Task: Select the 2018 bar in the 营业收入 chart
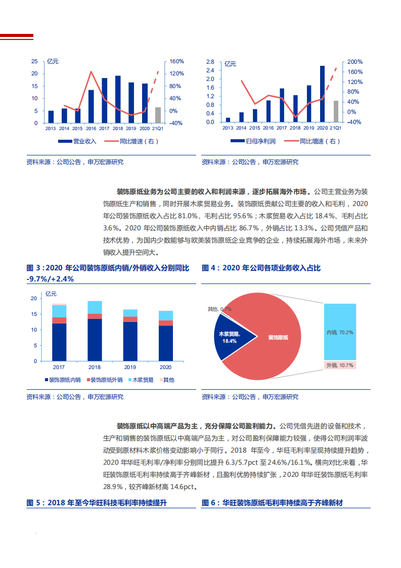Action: pos(118,99)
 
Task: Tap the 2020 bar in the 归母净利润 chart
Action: pos(322,94)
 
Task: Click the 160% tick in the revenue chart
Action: pos(176,61)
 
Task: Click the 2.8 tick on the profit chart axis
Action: pos(210,61)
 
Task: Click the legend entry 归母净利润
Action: pos(253,141)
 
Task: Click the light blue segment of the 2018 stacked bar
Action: pos(95,307)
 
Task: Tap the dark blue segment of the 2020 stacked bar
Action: pos(166,343)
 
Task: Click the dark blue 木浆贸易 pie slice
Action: pos(233,337)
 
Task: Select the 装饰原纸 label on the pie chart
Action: pos(278,337)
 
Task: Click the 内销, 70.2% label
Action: pos(340,333)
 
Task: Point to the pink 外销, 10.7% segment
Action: pos(340,365)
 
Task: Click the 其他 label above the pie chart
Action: pos(219,309)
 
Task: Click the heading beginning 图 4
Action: pos(261,268)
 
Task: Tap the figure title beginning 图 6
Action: pos(272,503)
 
